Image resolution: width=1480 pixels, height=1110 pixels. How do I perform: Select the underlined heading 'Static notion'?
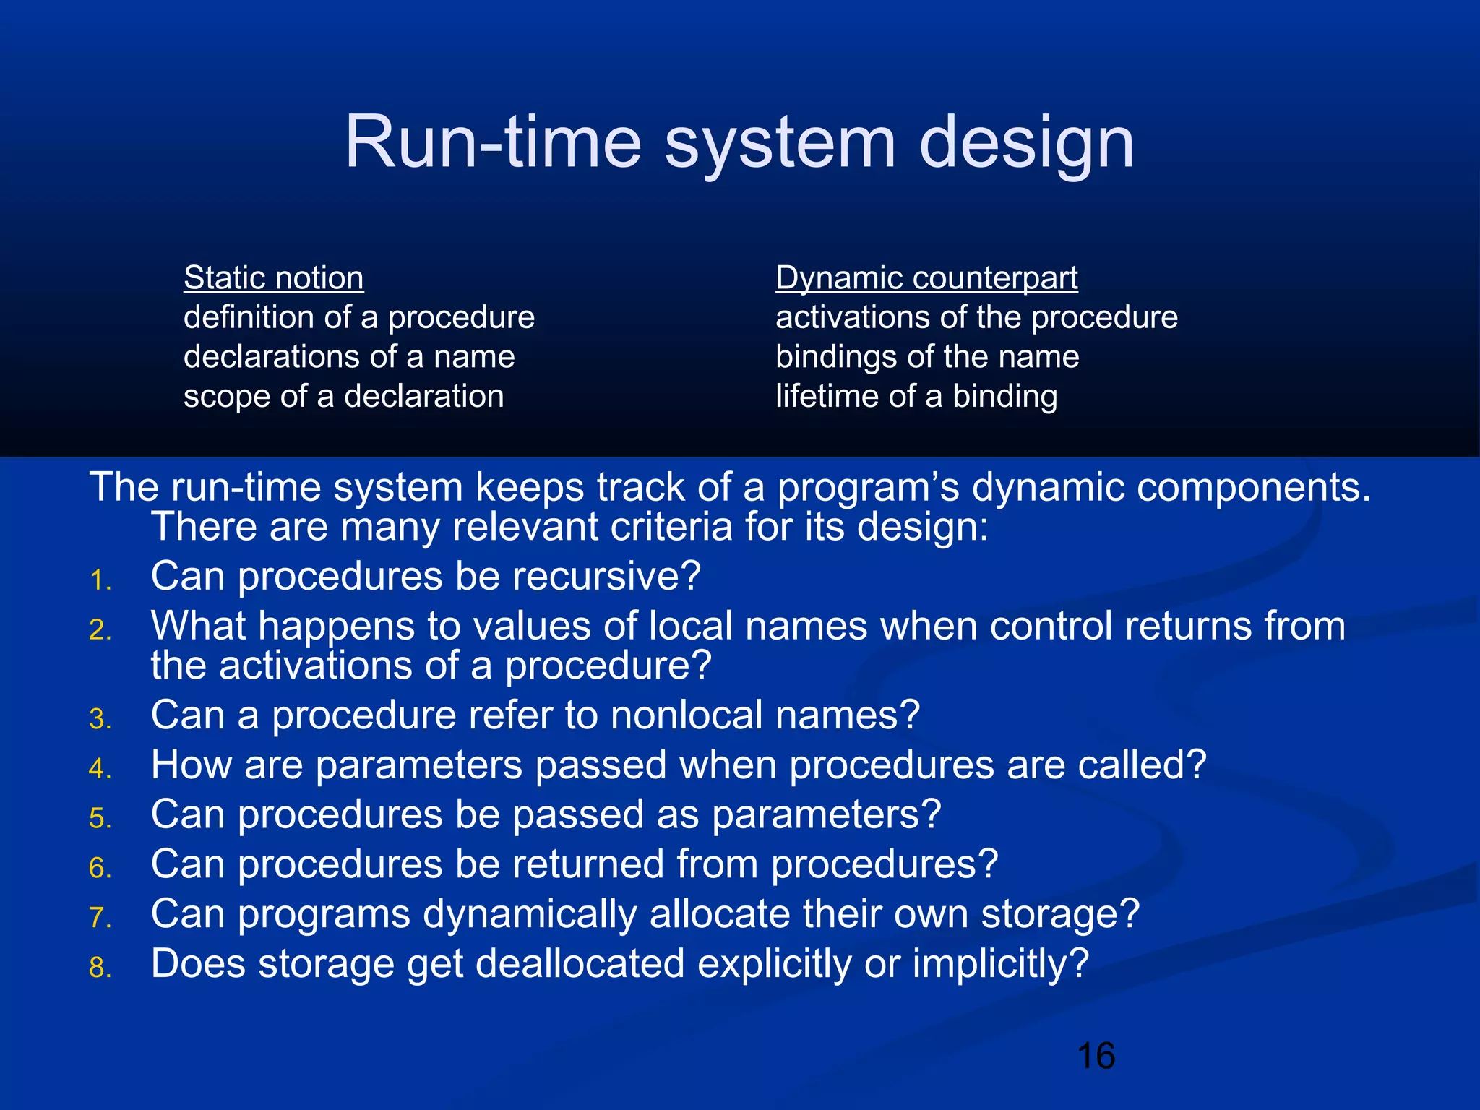273,278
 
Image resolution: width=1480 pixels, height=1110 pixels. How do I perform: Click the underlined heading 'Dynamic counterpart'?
926,278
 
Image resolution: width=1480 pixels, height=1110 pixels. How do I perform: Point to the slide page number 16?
1096,1056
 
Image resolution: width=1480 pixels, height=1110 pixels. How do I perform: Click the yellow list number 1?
100,581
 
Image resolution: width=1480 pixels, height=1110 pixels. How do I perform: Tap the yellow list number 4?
100,769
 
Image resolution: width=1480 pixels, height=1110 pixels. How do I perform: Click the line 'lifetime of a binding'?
916,397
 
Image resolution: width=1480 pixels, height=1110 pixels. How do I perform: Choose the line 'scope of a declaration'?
343,397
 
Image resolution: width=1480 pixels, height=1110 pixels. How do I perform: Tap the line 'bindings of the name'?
927,357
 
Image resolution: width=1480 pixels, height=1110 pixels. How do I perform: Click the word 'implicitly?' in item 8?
1000,964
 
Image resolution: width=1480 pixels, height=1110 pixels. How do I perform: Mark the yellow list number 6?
100,869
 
